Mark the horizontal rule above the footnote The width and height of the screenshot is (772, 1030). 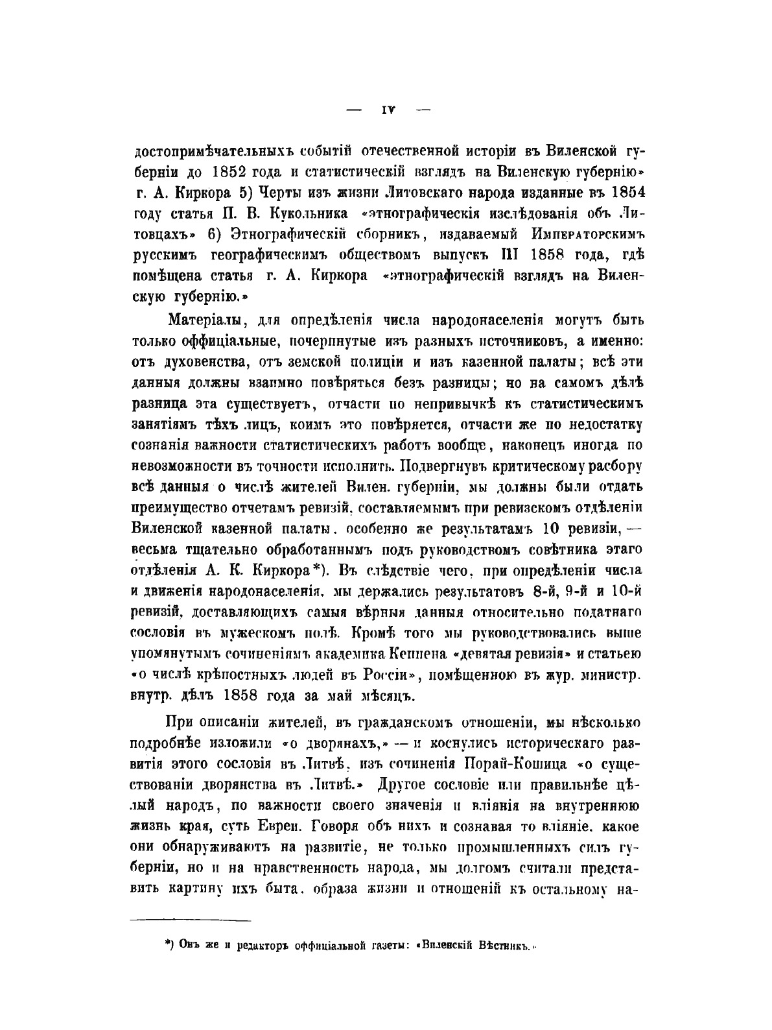tap(191, 920)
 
